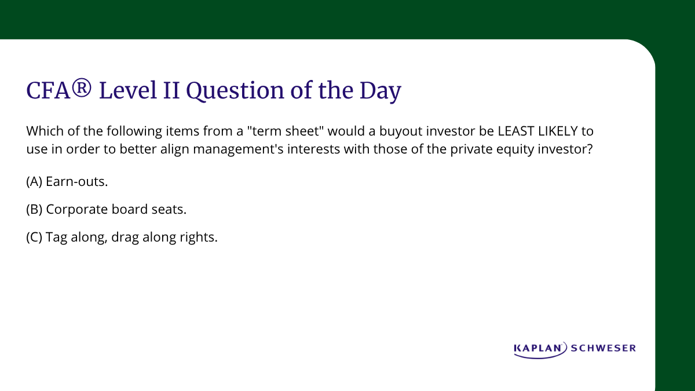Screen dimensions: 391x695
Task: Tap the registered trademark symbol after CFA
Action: pyautogui.click(x=82, y=90)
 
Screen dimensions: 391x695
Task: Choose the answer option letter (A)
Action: pyautogui.click(x=34, y=181)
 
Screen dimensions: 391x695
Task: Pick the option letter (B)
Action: pyautogui.click(x=34, y=209)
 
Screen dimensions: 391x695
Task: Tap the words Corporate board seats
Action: pyautogui.click(x=116, y=209)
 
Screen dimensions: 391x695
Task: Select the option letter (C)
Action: pyautogui.click(x=34, y=237)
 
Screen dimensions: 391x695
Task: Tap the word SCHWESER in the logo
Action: pyautogui.click(x=603, y=348)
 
